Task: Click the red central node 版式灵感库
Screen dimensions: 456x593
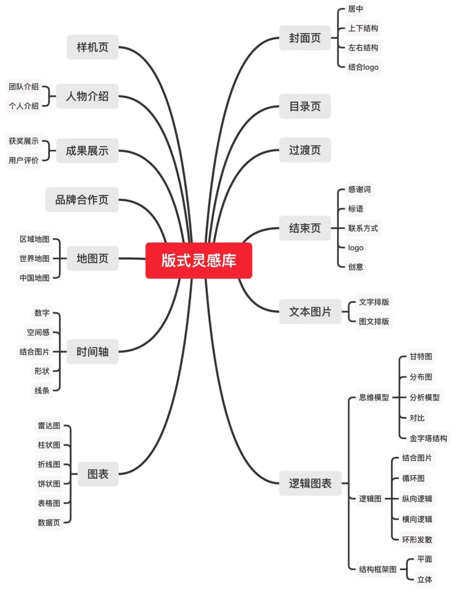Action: tap(198, 260)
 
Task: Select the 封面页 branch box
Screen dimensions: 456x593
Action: tap(305, 38)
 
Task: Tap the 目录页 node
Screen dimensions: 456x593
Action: tap(305, 106)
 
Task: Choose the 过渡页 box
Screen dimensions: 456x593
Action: tap(305, 150)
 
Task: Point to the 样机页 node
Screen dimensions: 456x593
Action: tap(93, 47)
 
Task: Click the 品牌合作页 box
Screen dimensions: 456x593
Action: tap(82, 199)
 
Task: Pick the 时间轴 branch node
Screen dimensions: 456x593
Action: tap(93, 351)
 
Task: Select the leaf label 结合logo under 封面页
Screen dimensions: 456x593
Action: tap(363, 67)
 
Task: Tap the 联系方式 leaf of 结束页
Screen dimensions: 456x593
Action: tap(363, 228)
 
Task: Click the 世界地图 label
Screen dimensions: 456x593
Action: tap(34, 258)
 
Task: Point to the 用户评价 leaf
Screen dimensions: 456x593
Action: tap(24, 160)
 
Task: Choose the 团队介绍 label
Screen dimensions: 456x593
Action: tap(24, 87)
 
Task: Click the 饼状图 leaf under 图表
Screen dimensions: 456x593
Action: tap(49, 484)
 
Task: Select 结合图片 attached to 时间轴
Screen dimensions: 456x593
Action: tap(34, 351)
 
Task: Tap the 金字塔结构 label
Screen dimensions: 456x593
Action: tap(428, 438)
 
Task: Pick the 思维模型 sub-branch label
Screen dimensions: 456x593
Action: tap(374, 397)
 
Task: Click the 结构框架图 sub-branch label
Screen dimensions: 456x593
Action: tap(378, 569)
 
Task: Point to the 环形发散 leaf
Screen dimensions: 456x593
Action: tap(417, 539)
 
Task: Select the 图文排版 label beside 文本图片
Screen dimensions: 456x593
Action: tap(374, 321)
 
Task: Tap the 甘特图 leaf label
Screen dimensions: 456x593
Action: tap(421, 356)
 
